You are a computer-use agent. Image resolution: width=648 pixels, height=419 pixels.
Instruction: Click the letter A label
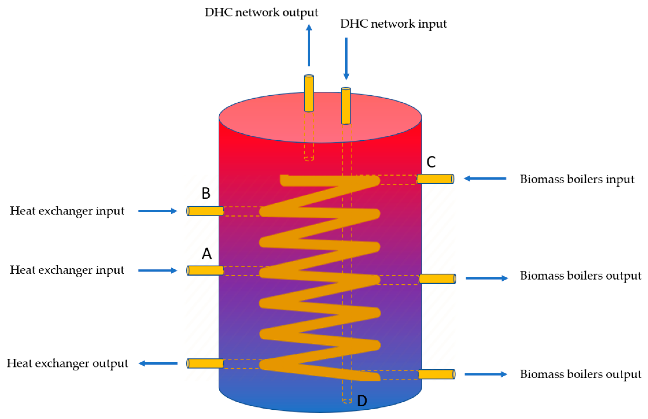(x=207, y=254)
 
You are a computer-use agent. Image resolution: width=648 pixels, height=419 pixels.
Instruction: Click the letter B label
(x=206, y=193)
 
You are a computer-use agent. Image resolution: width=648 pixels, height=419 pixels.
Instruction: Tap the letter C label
(x=431, y=162)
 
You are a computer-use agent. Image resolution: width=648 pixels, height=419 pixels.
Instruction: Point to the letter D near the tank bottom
(x=362, y=401)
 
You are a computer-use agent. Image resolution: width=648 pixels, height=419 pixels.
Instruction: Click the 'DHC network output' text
(x=261, y=13)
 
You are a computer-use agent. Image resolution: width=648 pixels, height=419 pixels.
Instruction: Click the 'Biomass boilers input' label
(x=577, y=180)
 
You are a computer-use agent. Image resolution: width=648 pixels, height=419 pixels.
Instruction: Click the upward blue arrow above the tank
(x=309, y=45)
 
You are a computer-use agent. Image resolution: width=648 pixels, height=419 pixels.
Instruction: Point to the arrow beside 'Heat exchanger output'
(x=158, y=363)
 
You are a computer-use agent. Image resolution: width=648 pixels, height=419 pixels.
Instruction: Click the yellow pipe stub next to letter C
(x=435, y=179)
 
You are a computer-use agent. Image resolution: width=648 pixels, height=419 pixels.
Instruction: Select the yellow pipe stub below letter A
(x=205, y=270)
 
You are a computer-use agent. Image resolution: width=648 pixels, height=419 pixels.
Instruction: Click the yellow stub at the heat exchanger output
(x=205, y=363)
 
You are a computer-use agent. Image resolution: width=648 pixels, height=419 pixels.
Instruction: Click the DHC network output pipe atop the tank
(x=309, y=93)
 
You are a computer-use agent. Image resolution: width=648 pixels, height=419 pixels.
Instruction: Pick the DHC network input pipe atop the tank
(x=346, y=106)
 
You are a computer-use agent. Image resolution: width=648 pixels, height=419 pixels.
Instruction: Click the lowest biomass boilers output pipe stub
(x=436, y=374)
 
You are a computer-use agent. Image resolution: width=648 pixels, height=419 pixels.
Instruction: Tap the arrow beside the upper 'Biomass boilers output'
(x=486, y=278)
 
